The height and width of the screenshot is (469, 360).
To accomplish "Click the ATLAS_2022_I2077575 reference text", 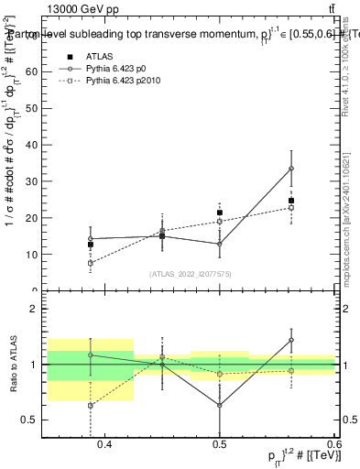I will [191, 273].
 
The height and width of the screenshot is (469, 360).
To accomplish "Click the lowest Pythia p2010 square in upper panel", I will [91, 263].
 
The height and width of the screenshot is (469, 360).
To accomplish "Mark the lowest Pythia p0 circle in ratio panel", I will [220, 405].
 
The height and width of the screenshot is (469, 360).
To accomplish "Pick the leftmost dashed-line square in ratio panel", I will [91, 405].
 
